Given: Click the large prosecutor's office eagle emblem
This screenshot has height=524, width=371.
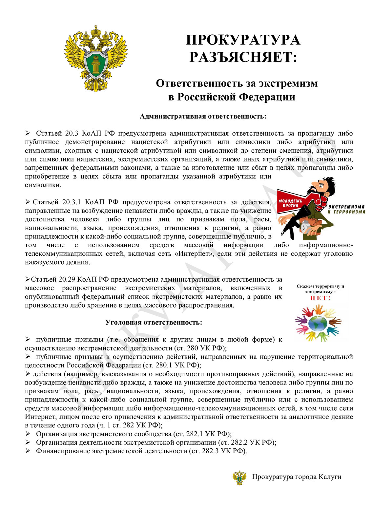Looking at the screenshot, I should point(95,58).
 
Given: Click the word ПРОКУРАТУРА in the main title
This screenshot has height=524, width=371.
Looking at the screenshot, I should point(243,40).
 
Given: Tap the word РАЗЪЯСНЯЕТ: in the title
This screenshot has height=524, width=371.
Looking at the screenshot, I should point(243,57).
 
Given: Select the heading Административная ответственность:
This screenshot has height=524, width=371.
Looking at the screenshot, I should point(203,116).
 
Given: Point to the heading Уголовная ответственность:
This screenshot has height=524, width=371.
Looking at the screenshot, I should point(154,322).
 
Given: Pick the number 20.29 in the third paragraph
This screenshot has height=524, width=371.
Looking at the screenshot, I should point(68,279).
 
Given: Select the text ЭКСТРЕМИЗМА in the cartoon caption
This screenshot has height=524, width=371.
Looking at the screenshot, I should point(346,207).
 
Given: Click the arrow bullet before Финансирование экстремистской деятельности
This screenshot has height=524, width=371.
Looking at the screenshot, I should point(28,451).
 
